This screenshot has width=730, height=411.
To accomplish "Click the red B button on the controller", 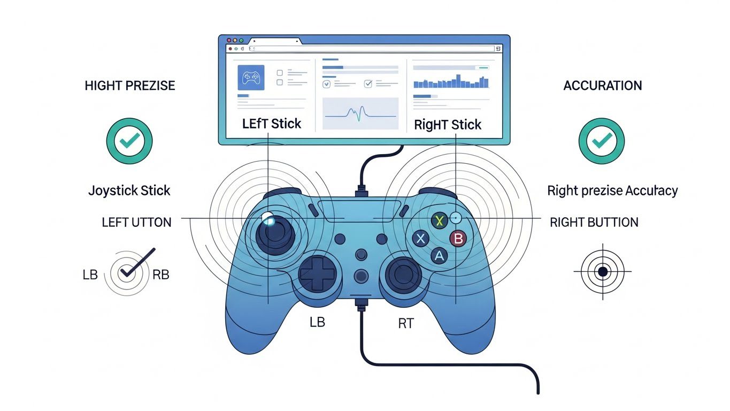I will click(457, 238).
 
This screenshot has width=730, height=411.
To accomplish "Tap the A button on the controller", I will click(439, 256).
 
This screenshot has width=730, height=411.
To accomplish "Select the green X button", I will click(439, 220).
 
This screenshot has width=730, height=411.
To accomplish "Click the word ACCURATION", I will click(602, 86).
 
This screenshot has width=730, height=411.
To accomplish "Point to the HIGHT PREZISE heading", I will click(129, 86).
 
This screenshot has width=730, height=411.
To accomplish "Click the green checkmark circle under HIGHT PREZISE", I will click(129, 141).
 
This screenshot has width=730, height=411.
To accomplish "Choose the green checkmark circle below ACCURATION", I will click(602, 141).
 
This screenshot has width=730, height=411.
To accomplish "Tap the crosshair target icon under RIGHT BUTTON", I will click(603, 272).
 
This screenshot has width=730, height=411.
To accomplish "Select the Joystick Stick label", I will click(129, 191).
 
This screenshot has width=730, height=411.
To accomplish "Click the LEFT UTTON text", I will click(136, 222).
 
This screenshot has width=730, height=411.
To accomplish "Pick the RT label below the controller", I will click(406, 324).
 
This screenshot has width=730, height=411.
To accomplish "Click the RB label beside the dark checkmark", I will click(160, 275).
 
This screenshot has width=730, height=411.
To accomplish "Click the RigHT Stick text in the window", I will click(448, 125).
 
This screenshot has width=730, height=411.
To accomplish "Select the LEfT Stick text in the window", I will click(272, 124).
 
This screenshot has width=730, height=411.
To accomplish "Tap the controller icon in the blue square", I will click(251, 78).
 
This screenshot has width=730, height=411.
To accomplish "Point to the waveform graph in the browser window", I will click(360, 113).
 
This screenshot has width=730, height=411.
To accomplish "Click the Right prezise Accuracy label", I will click(612, 191).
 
